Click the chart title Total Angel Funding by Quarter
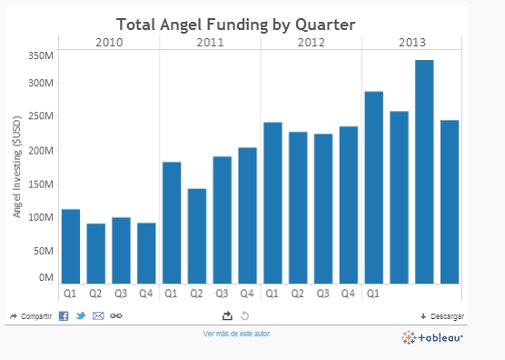tap(235, 23)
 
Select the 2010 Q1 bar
tap(70, 245)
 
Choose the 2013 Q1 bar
tap(373, 187)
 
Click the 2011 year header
tap(210, 42)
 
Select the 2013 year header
tap(411, 42)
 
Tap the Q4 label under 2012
tap(348, 294)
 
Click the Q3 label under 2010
tap(121, 294)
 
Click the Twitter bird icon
tap(81, 315)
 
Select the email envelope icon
tap(98, 315)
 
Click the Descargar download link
tap(442, 316)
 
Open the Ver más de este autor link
tap(236, 334)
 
